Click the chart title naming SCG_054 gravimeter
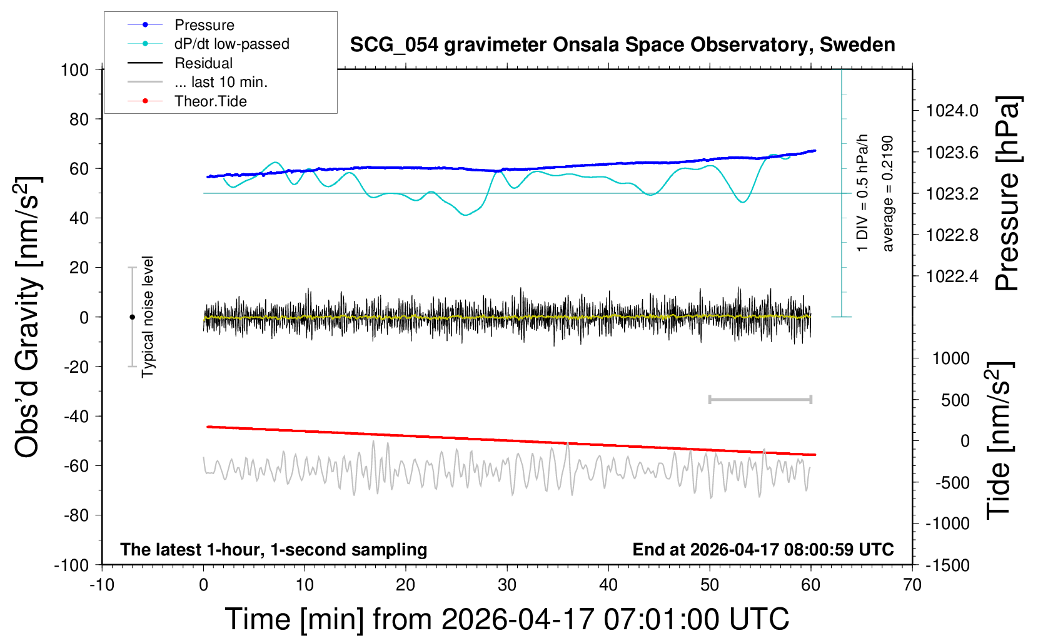622,45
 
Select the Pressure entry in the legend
204,25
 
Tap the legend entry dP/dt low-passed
231,44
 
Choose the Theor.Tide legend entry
210,101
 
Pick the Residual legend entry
203,63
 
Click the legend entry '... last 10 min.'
221,82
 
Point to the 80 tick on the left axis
79,119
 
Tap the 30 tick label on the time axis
507,585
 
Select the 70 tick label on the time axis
912,585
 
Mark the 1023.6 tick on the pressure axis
952,152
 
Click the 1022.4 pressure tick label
952,276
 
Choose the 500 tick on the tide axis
955,400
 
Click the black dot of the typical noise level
132,317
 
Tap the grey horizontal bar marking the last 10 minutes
760,399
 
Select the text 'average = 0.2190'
888,193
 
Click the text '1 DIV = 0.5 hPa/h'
863,193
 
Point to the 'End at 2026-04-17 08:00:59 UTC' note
763,549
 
